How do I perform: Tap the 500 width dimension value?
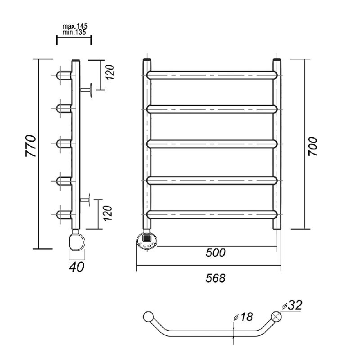coord(216,252)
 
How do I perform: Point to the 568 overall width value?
coord(216,278)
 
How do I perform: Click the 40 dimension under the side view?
coord(76,267)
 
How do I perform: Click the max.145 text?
coord(75,27)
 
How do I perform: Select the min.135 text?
coord(75,32)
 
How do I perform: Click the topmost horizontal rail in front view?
coord(211,75)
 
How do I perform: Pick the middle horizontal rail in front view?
coord(211,144)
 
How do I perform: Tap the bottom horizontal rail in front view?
coord(211,214)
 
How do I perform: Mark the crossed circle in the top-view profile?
coord(276,316)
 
